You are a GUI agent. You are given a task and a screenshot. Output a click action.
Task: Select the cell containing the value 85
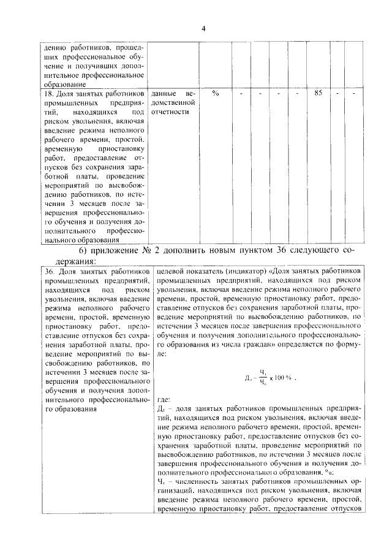(x=318, y=93)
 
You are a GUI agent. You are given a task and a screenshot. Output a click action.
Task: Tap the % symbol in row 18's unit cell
(x=216, y=93)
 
